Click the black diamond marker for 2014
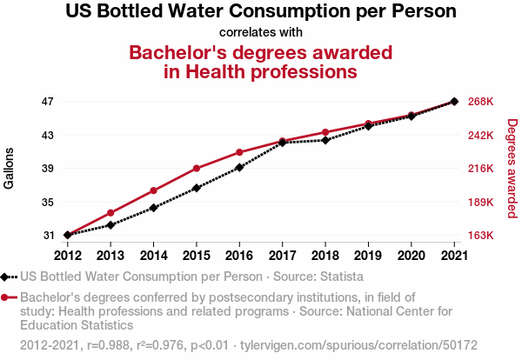pyautogui.click(x=153, y=208)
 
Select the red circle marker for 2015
pyautogui.click(x=197, y=168)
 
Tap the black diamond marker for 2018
pyautogui.click(x=325, y=140)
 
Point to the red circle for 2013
pyautogui.click(x=110, y=213)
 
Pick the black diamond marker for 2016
pyautogui.click(x=239, y=167)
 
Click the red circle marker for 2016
pyautogui.click(x=239, y=152)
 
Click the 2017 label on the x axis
pyautogui.click(x=282, y=255)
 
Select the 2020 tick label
pyautogui.click(x=411, y=255)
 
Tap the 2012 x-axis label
pyautogui.click(x=67, y=255)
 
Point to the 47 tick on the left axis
pyautogui.click(x=47, y=102)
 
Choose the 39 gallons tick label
pyautogui.click(x=47, y=169)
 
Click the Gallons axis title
pyautogui.click(x=9, y=169)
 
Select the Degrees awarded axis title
pyautogui.click(x=512, y=169)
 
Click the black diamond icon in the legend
pyautogui.click(x=8, y=277)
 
